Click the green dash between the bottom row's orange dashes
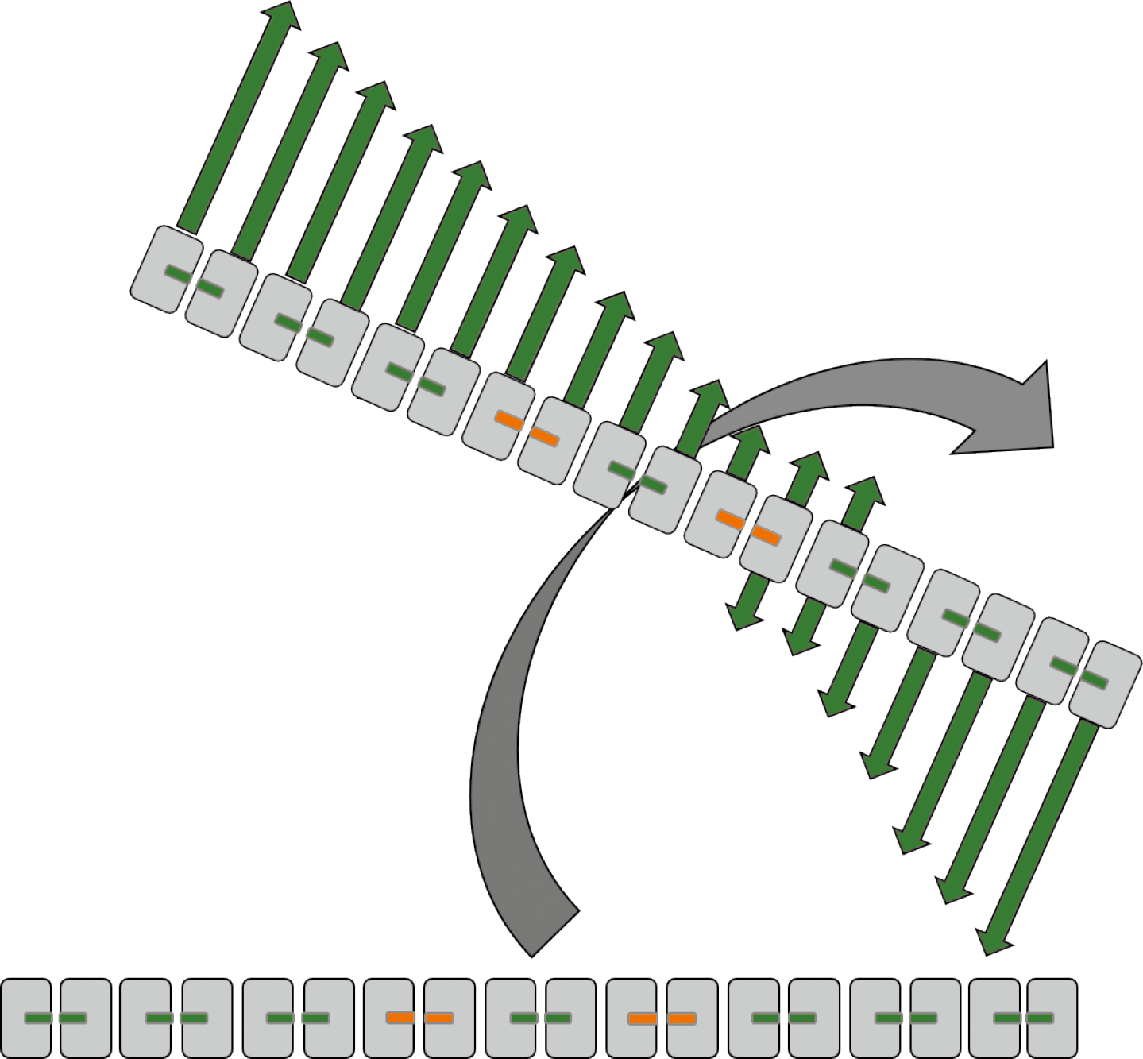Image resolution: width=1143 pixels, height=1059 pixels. click(x=540, y=1018)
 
